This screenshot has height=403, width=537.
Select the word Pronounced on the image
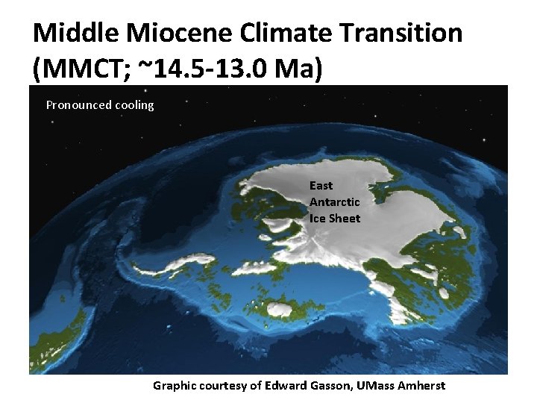(78, 105)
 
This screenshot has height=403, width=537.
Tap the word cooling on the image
(134, 105)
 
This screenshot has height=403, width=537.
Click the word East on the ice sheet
(321, 185)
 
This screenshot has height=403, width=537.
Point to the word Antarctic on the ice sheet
(334, 201)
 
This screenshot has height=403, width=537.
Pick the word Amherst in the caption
(424, 385)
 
